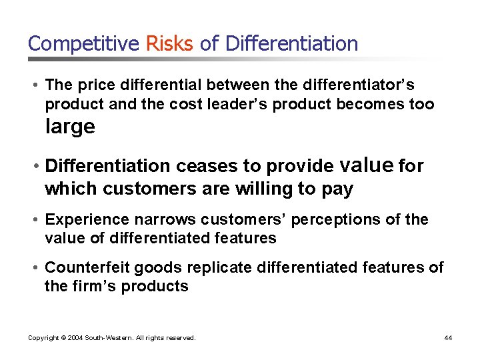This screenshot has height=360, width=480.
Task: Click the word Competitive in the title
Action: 83,44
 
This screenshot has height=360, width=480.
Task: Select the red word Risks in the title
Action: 169,44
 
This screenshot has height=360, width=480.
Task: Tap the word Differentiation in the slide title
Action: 291,44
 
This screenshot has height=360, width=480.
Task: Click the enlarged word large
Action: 70,127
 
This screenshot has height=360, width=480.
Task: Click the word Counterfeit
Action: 87,267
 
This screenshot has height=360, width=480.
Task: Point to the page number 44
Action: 448,338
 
